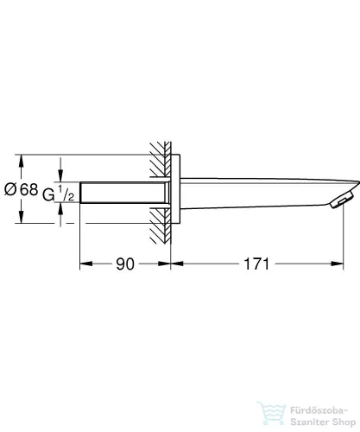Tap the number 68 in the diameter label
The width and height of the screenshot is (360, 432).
29,190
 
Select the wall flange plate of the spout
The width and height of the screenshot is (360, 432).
176,190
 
